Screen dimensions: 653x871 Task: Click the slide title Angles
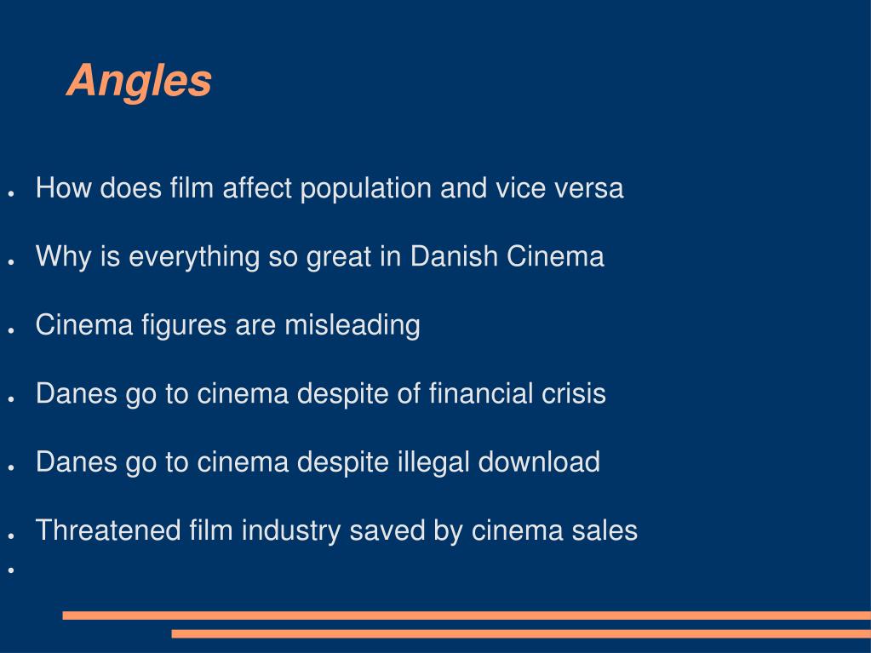(139, 82)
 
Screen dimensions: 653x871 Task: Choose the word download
(539, 462)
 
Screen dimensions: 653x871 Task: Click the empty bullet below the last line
(12, 570)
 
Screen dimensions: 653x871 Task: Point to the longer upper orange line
(467, 615)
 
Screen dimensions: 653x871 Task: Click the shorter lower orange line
(521, 633)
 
